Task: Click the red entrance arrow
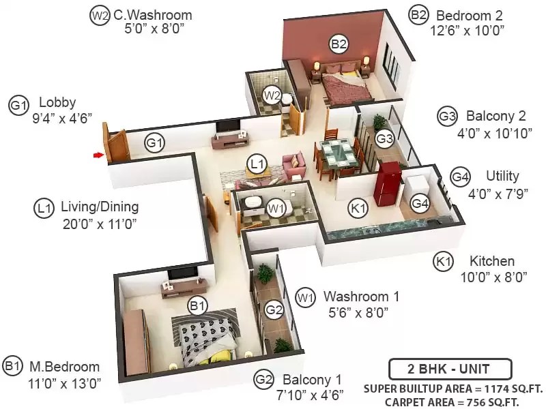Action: coord(98,155)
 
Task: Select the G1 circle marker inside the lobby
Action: coord(155,143)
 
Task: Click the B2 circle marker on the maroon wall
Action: coord(339,44)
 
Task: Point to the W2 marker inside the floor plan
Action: coord(272,95)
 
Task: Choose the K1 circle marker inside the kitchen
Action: coord(358,209)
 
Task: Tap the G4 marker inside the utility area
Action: coord(420,202)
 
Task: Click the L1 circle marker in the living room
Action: coord(257,164)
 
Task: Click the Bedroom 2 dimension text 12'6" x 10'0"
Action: coord(468,31)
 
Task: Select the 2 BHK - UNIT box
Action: coord(450,369)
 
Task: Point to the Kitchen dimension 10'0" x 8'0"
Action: coord(493,277)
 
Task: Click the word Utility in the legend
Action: coord(502,176)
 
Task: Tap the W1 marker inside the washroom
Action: coord(276,209)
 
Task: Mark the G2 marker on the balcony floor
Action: coord(274,309)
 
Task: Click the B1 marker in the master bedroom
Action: coord(197,305)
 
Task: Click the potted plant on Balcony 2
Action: coord(379,123)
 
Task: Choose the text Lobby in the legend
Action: coord(57,102)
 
